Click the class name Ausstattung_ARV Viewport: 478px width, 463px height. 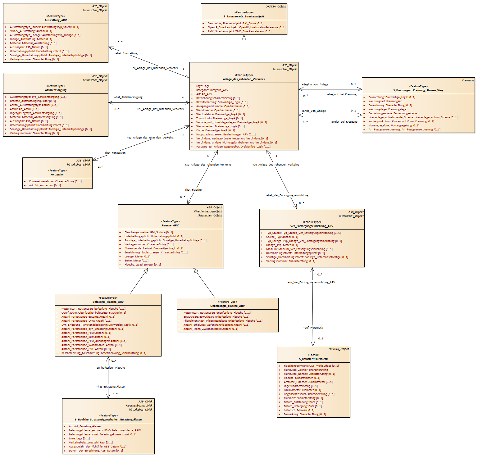click(x=56, y=20)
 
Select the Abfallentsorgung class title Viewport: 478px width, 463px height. click(x=56, y=90)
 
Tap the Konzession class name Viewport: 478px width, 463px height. click(x=57, y=175)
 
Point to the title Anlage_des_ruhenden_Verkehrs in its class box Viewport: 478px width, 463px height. click(x=244, y=79)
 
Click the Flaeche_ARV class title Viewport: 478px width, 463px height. click(x=170, y=225)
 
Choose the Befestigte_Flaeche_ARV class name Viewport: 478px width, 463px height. click(x=108, y=302)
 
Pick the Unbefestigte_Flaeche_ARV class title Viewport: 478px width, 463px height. click(x=227, y=306)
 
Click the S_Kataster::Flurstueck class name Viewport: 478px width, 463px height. click(x=313, y=359)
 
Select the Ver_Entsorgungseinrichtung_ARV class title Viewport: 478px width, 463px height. click(x=312, y=226)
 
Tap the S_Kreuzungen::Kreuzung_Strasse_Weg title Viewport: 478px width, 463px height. click(x=418, y=90)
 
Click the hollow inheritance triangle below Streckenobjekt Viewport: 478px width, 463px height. click(x=244, y=38)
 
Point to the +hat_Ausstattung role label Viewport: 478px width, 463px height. click(x=126, y=53)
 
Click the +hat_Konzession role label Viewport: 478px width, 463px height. click(x=115, y=153)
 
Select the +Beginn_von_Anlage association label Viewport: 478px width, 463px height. click(x=315, y=84)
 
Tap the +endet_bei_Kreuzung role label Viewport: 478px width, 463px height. click(x=344, y=122)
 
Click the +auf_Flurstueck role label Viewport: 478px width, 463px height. click(x=313, y=328)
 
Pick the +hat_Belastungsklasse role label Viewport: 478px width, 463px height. click(x=110, y=387)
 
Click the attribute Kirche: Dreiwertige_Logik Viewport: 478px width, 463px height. click(x=216, y=130)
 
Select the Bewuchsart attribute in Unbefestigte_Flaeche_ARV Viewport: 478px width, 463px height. click(x=216, y=317)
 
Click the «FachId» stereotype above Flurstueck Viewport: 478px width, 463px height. click(x=313, y=355)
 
